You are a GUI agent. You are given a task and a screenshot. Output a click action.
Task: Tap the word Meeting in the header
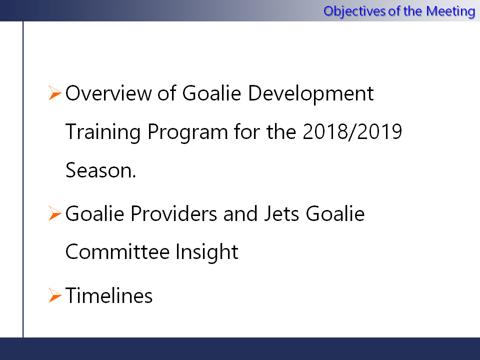click(450, 11)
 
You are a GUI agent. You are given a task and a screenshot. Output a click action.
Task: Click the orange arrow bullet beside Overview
click(55, 93)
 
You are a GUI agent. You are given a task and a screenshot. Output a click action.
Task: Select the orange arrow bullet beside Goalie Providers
click(55, 213)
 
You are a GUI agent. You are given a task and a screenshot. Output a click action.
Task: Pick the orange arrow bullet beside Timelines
click(55, 295)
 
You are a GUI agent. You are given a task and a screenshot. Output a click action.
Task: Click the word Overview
click(108, 93)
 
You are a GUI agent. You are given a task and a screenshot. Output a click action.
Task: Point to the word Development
click(310, 93)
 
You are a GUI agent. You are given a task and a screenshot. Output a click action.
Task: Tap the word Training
click(103, 132)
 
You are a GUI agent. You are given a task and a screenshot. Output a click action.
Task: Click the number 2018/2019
click(352, 131)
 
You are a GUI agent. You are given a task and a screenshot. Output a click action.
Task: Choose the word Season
click(100, 170)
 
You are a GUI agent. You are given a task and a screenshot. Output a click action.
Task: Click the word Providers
click(174, 213)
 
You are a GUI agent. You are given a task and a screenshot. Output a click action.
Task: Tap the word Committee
click(117, 251)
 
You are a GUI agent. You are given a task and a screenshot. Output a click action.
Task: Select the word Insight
click(207, 252)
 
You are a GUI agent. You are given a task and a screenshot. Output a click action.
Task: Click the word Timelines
click(109, 295)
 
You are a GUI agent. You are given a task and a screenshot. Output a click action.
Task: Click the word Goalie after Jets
click(335, 213)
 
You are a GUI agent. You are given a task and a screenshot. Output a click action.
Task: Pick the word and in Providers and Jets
click(240, 213)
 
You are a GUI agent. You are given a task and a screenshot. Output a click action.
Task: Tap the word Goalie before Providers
click(95, 213)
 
